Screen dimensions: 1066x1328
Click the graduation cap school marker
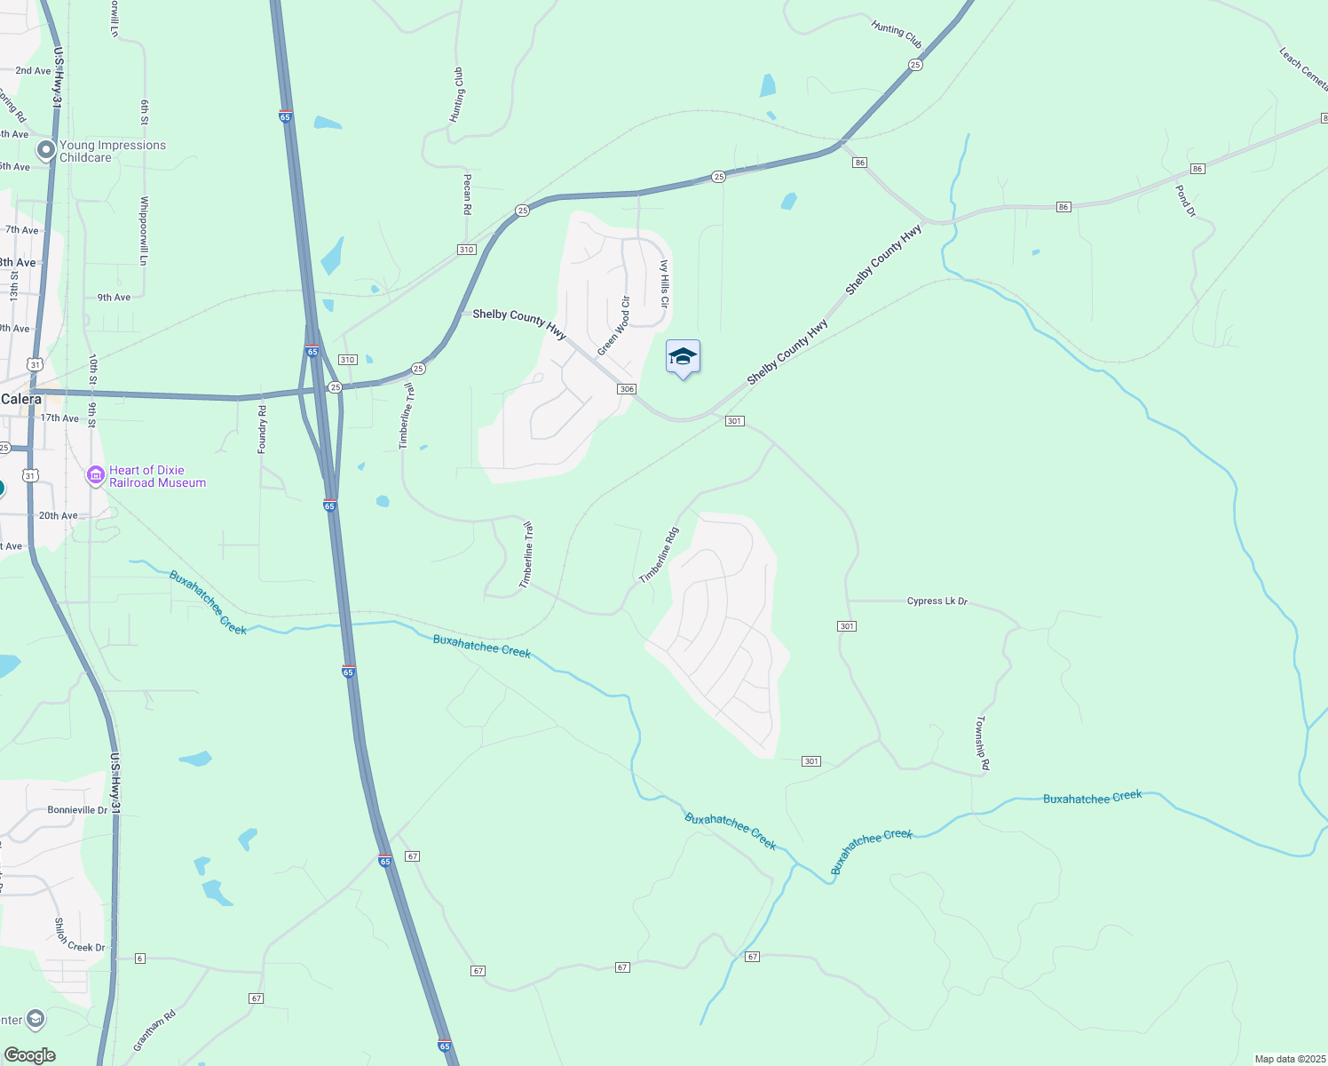click(683, 357)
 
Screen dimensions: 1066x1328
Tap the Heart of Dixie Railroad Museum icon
click(95, 476)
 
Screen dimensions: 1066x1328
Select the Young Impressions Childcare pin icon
click(44, 150)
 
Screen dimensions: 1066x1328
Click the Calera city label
click(21, 400)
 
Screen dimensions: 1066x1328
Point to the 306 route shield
click(627, 389)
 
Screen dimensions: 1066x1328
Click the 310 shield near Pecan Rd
click(467, 250)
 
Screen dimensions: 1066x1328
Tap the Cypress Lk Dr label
click(937, 601)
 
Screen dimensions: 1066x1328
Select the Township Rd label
click(983, 743)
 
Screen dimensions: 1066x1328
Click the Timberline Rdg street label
click(660, 556)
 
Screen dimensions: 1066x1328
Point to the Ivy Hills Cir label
click(664, 284)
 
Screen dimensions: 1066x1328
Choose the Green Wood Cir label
click(613, 326)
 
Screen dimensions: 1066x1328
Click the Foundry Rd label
click(262, 429)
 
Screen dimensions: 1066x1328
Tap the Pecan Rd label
click(467, 194)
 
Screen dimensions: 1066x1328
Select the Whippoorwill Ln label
click(143, 231)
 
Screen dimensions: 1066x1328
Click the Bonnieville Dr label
click(77, 810)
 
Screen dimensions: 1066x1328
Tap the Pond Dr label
click(1186, 201)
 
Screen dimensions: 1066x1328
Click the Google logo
click(29, 1055)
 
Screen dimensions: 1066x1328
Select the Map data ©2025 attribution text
click(1289, 1059)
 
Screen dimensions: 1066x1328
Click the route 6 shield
click(140, 959)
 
